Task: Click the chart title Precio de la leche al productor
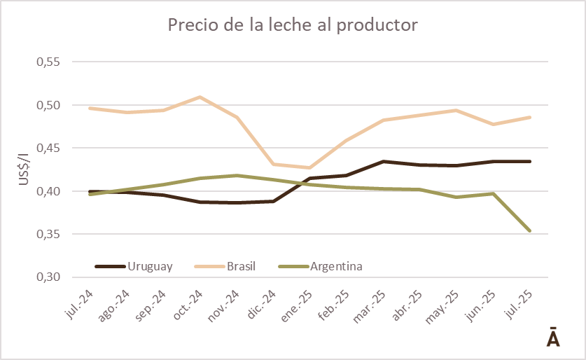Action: coord(292,25)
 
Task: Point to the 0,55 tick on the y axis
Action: coord(49,62)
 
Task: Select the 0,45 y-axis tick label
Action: coord(49,148)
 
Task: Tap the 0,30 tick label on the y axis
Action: coord(49,277)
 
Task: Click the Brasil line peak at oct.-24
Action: coord(200,97)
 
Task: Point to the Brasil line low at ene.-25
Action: coord(309,167)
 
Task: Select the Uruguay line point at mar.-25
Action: coord(383,162)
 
